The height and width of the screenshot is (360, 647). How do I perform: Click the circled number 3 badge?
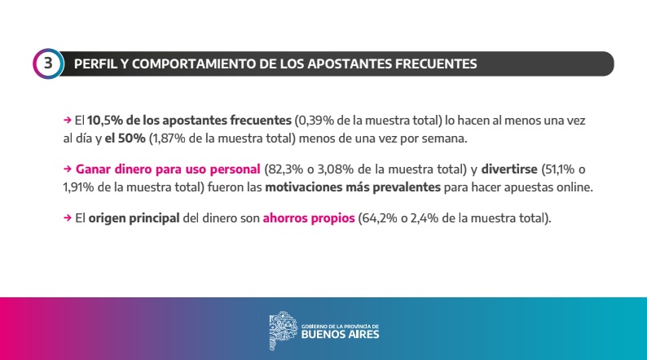coord(48,64)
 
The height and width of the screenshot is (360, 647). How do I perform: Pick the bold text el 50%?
coord(125,138)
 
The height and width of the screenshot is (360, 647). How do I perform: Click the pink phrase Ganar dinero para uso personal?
coord(168,169)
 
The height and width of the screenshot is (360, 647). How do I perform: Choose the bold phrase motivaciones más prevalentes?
coord(359,187)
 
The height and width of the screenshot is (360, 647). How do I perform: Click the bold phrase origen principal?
coord(134,218)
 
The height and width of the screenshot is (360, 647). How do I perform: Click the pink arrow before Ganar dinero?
coord(67,169)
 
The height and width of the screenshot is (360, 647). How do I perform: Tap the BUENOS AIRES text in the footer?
coord(340,333)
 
